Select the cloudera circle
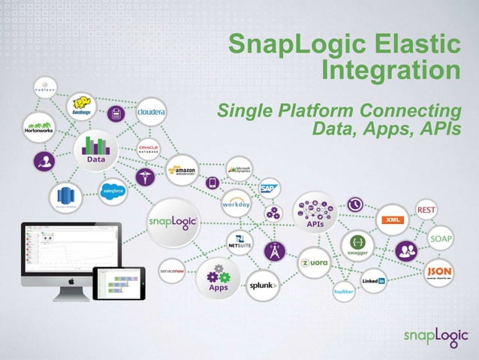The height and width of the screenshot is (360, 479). click(151, 112)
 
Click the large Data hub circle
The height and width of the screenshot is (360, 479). click(95, 147)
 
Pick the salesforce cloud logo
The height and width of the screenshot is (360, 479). click(113, 192)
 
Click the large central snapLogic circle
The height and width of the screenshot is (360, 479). click(173, 220)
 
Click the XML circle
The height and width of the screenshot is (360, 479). click(391, 219)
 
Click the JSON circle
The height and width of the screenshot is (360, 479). click(439, 272)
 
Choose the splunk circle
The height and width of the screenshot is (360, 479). click(263, 286)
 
